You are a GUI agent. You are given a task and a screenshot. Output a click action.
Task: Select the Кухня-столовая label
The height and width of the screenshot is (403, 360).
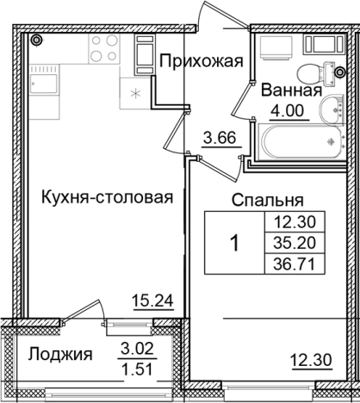[x=107, y=197]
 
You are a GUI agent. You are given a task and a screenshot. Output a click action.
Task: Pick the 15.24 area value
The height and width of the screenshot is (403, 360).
[x=151, y=301]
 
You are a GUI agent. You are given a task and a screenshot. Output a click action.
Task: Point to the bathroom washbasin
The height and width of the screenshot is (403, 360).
[x=331, y=108]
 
